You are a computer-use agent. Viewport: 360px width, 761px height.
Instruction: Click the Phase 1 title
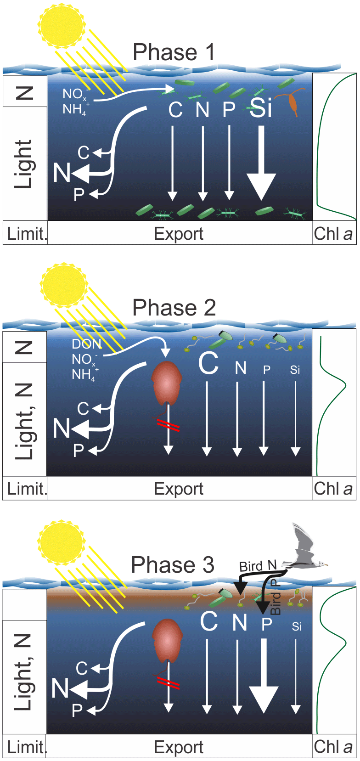tap(174, 52)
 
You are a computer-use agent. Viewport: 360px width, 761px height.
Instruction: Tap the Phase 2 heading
tap(174, 308)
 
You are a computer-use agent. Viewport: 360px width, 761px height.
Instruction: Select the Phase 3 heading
tap(172, 565)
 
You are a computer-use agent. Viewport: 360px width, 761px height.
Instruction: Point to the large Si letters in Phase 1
tap(261, 108)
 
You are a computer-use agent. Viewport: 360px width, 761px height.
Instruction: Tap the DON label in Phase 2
tap(86, 344)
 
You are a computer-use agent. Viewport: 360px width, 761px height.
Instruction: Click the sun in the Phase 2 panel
tap(63, 286)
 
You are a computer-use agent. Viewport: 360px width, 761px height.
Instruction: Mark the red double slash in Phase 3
tap(168, 684)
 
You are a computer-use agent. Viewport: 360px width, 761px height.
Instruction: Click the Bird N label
tap(258, 566)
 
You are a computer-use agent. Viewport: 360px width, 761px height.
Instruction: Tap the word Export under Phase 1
tap(178, 234)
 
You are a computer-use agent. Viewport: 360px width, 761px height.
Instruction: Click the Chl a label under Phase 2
tap(333, 489)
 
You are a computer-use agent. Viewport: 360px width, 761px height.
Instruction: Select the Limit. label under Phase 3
tap(27, 747)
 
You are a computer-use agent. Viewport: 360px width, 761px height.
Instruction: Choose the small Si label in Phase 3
tap(297, 626)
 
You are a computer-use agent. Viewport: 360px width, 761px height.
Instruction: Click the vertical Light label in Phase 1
tap(24, 164)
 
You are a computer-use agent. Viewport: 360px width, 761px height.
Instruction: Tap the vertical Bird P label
tap(275, 597)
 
